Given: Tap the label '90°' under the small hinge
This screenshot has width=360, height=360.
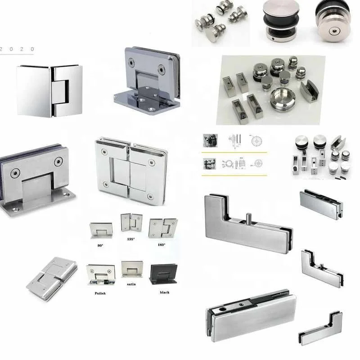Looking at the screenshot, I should click(100, 245).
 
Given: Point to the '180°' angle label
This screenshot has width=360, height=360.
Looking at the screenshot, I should click(161, 245).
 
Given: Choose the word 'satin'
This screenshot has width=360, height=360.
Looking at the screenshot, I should click(131, 284).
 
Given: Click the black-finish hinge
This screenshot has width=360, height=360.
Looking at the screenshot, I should click(163, 274).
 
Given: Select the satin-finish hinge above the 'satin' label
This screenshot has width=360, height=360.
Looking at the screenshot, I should click(132, 269).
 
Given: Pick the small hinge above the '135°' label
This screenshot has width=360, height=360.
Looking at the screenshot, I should click(131, 223).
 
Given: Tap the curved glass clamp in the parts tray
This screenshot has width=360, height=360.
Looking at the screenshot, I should click(309, 90).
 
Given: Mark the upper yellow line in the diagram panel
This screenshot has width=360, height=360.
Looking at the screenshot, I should click(234, 152).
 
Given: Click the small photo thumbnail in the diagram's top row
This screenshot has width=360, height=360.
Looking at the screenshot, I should click(210, 140).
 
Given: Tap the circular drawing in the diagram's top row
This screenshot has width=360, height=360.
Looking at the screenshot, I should click(256, 141).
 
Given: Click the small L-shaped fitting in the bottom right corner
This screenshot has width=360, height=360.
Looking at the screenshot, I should click(320, 328).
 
